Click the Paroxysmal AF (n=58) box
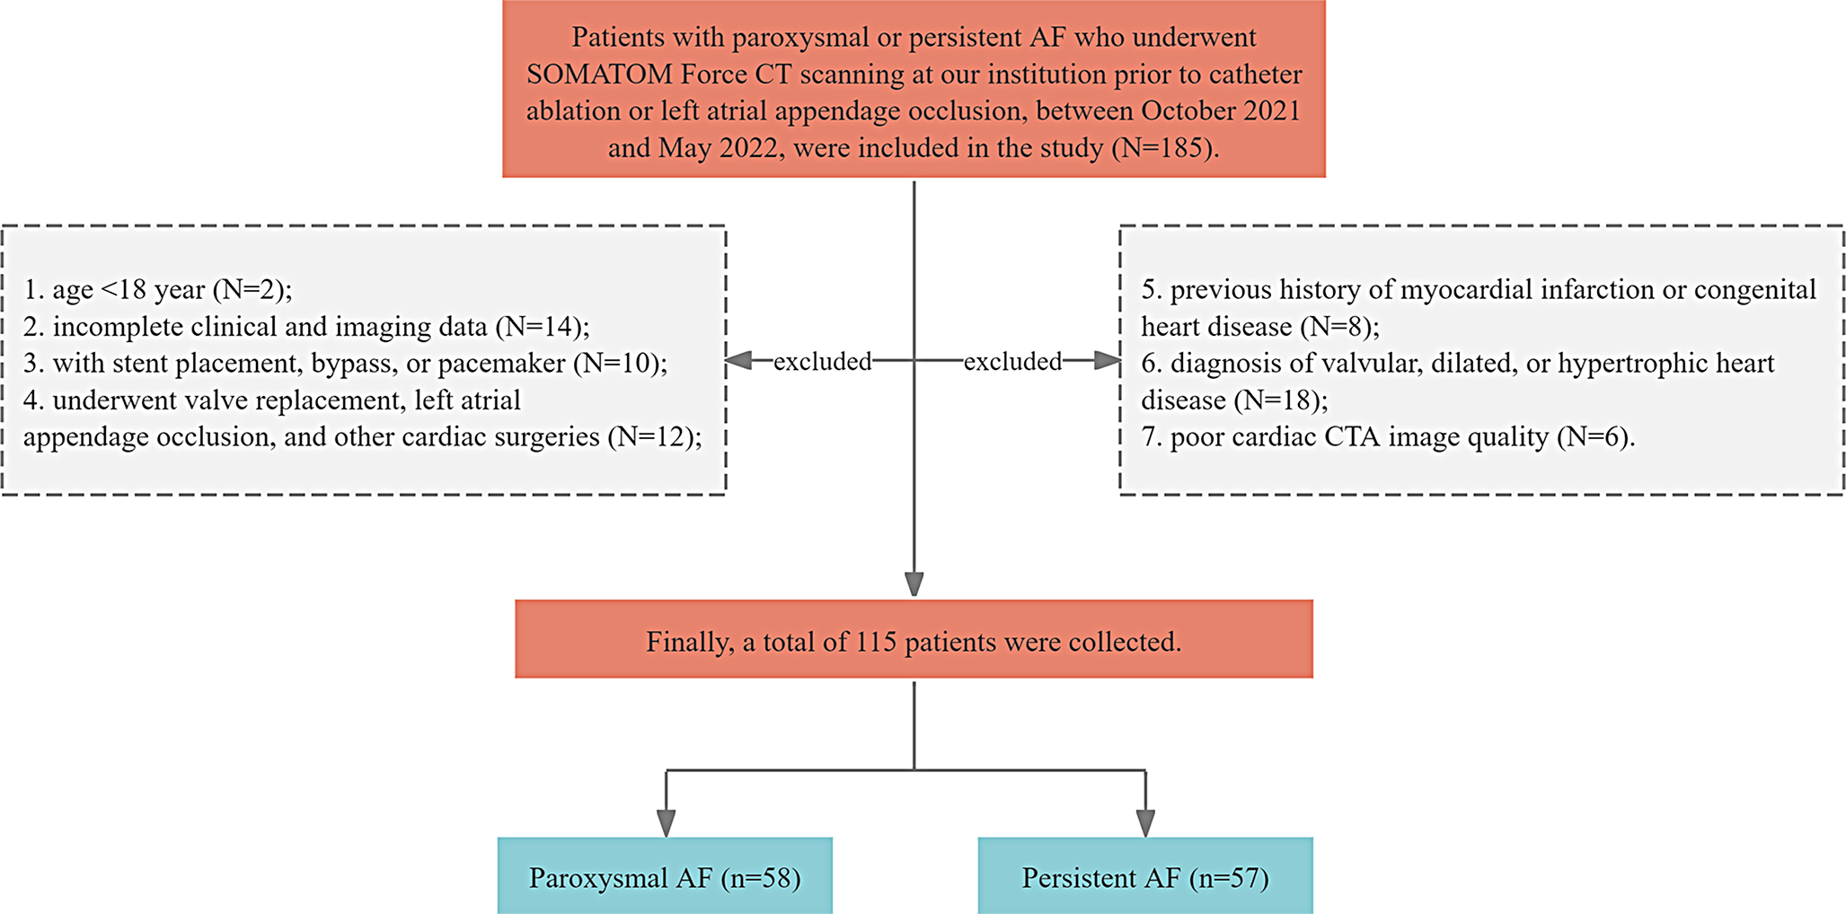click(665, 875)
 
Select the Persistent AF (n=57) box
click(1145, 875)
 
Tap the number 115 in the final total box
click(876, 642)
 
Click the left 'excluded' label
click(822, 361)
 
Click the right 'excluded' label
click(1012, 361)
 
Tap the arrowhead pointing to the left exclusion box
click(738, 361)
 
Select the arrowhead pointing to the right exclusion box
click(1107, 361)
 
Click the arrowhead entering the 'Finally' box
click(914, 584)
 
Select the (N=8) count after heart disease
click(1339, 327)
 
